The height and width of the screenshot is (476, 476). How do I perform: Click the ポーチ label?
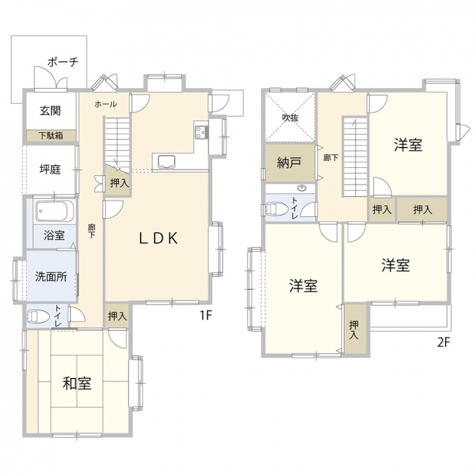coord(63,62)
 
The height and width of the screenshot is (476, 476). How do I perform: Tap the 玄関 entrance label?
coord(50,111)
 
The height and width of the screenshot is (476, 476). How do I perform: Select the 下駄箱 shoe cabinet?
coord(50,136)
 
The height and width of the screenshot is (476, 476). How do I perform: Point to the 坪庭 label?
coord(50,169)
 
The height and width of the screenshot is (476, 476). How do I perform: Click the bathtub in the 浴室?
coord(54,211)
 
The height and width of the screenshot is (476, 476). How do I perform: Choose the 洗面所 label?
coord(51,276)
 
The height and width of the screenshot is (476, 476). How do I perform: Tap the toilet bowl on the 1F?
coord(38,317)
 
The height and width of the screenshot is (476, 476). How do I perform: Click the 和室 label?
coord(77,383)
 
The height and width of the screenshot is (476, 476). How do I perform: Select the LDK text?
coord(159,238)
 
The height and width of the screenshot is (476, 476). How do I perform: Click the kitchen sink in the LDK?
coord(164,162)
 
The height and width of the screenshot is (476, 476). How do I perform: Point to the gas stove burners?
coord(201,133)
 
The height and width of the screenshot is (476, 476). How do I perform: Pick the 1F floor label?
coord(206,316)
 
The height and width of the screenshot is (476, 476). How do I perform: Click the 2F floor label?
coord(444,343)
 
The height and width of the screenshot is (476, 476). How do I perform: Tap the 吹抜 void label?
coord(290,118)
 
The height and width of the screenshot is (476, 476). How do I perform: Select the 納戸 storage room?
coord(290,163)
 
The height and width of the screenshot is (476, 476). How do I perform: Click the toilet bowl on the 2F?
coord(276,209)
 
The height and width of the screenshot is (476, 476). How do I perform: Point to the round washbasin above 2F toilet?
coord(301,188)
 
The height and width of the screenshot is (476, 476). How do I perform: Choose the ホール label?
coord(105,104)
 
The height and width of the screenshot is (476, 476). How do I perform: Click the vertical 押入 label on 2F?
coord(353,330)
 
